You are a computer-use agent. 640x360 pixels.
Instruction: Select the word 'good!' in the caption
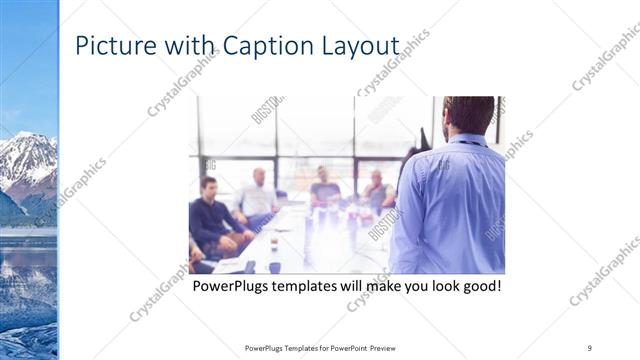click(478, 287)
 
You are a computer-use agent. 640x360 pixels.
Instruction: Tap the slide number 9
click(590, 347)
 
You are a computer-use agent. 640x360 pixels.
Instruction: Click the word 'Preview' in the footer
click(389, 347)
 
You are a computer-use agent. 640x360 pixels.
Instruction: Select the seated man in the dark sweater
click(211, 215)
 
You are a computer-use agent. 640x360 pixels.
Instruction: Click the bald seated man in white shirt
click(257, 195)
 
